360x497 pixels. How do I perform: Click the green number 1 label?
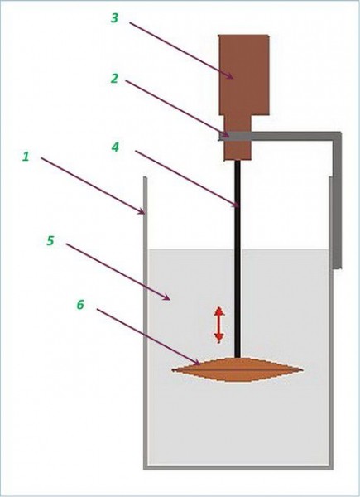pos(26,157)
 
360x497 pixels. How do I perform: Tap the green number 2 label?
pos(114,78)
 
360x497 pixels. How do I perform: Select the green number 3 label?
pos(114,17)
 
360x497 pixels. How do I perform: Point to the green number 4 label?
pos(115,147)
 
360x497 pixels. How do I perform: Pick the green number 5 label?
pos(50,240)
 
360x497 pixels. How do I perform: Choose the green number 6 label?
pos(80,305)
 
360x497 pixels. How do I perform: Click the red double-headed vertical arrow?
pos(218,325)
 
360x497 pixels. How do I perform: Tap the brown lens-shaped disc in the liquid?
pos(238,369)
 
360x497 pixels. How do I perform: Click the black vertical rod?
pos(238,259)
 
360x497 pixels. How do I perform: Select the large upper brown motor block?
pos(244,75)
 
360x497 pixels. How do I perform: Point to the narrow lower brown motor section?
pos(238,138)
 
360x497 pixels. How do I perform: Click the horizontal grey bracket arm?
pos(280,137)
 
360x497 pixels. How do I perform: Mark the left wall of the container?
pos(146,323)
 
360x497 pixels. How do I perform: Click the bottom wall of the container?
pos(238,467)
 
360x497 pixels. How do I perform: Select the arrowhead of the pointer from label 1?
pos(142,212)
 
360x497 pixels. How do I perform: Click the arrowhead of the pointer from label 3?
pos(231,76)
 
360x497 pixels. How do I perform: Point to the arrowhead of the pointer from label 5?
pos(167,298)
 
